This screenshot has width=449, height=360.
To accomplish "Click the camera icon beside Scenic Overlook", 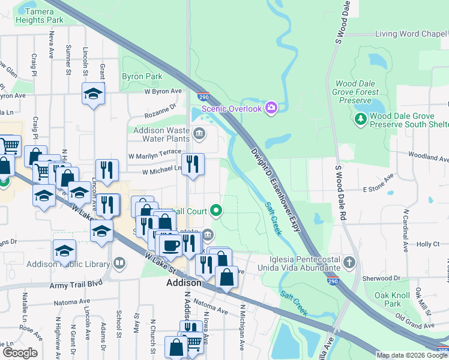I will tap(271, 108).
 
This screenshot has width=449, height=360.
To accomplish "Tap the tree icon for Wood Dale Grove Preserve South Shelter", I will tap(360, 119).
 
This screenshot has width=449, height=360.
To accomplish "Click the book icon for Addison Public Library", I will tap(120, 263).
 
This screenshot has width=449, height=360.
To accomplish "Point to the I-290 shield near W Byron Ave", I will tap(203, 96).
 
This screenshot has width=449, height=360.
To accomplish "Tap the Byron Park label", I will tap(142, 77).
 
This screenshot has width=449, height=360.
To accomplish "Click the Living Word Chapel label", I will tap(411, 34).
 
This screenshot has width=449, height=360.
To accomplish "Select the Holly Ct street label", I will tap(428, 245).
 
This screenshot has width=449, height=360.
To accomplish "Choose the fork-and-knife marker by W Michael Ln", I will tap(193, 164).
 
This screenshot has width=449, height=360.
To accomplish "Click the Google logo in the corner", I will tap(20, 353).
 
